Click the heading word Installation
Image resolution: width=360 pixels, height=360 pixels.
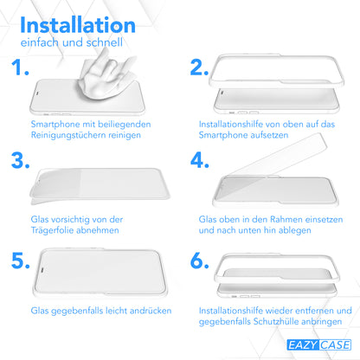78,25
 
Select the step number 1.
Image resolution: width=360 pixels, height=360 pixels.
20,67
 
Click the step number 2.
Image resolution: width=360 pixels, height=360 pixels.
199,67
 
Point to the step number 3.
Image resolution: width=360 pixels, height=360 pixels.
21,160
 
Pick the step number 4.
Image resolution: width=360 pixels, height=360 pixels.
200,160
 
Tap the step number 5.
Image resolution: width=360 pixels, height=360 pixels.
21,260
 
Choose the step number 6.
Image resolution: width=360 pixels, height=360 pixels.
200,260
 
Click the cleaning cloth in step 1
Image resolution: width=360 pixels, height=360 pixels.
106,77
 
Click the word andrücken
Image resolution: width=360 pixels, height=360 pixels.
151,311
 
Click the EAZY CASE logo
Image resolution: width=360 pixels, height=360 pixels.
318,345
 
